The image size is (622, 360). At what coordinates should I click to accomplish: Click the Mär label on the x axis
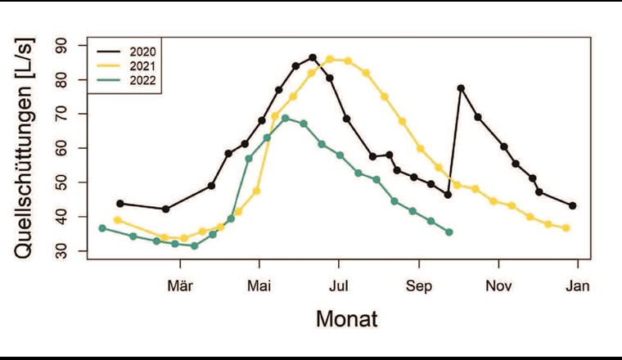[179, 286]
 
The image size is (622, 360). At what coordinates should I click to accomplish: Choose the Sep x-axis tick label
[419, 286]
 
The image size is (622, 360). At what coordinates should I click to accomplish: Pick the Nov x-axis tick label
[498, 286]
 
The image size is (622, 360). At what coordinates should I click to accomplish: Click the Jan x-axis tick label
[578, 286]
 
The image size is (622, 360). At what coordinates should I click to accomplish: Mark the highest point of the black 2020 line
[313, 57]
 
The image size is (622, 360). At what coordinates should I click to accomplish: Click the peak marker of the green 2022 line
[286, 118]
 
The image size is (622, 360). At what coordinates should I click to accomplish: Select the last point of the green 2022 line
[448, 232]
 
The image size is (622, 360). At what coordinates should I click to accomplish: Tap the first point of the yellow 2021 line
[118, 220]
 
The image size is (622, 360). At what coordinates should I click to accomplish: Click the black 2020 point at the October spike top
[461, 88]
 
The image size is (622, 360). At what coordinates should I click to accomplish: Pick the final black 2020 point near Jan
[573, 205]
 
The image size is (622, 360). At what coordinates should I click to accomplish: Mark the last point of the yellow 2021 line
[566, 227]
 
